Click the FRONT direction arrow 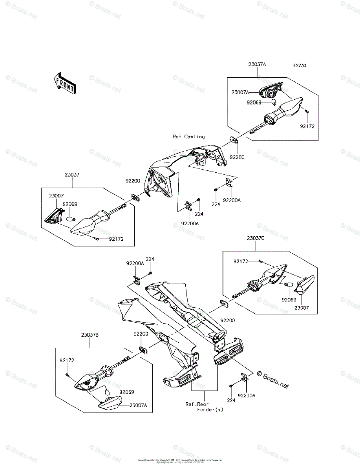[x=64, y=83]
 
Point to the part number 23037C [x=256, y=238]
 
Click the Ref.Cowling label [x=189, y=137]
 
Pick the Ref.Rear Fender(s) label [x=204, y=407]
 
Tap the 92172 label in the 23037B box [x=67, y=360]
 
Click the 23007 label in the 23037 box [x=56, y=195]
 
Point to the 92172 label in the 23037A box [x=308, y=126]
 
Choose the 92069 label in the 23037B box [x=126, y=391]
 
